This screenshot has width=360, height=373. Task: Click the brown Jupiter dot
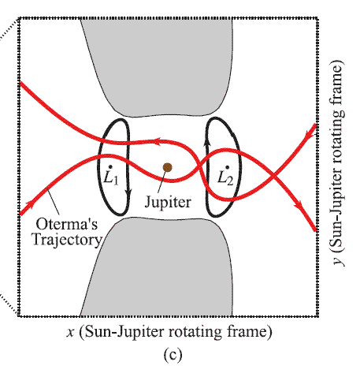(167, 167)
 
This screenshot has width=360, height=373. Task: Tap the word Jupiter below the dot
(168, 203)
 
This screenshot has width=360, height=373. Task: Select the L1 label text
(111, 178)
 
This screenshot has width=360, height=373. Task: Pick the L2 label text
(225, 178)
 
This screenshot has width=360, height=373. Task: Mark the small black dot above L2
(228, 167)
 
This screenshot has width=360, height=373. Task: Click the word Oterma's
(67, 225)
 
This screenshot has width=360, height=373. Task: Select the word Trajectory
(67, 240)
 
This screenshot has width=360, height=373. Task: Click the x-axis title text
(169, 332)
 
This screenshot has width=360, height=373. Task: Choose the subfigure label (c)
(173, 355)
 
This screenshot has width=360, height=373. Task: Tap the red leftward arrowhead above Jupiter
(158, 142)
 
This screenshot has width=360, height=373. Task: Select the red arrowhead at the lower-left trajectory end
(30, 204)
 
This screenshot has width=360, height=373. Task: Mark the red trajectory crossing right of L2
(273, 174)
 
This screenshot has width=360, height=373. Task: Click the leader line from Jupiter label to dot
(161, 183)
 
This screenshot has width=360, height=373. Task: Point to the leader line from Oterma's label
(53, 203)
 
